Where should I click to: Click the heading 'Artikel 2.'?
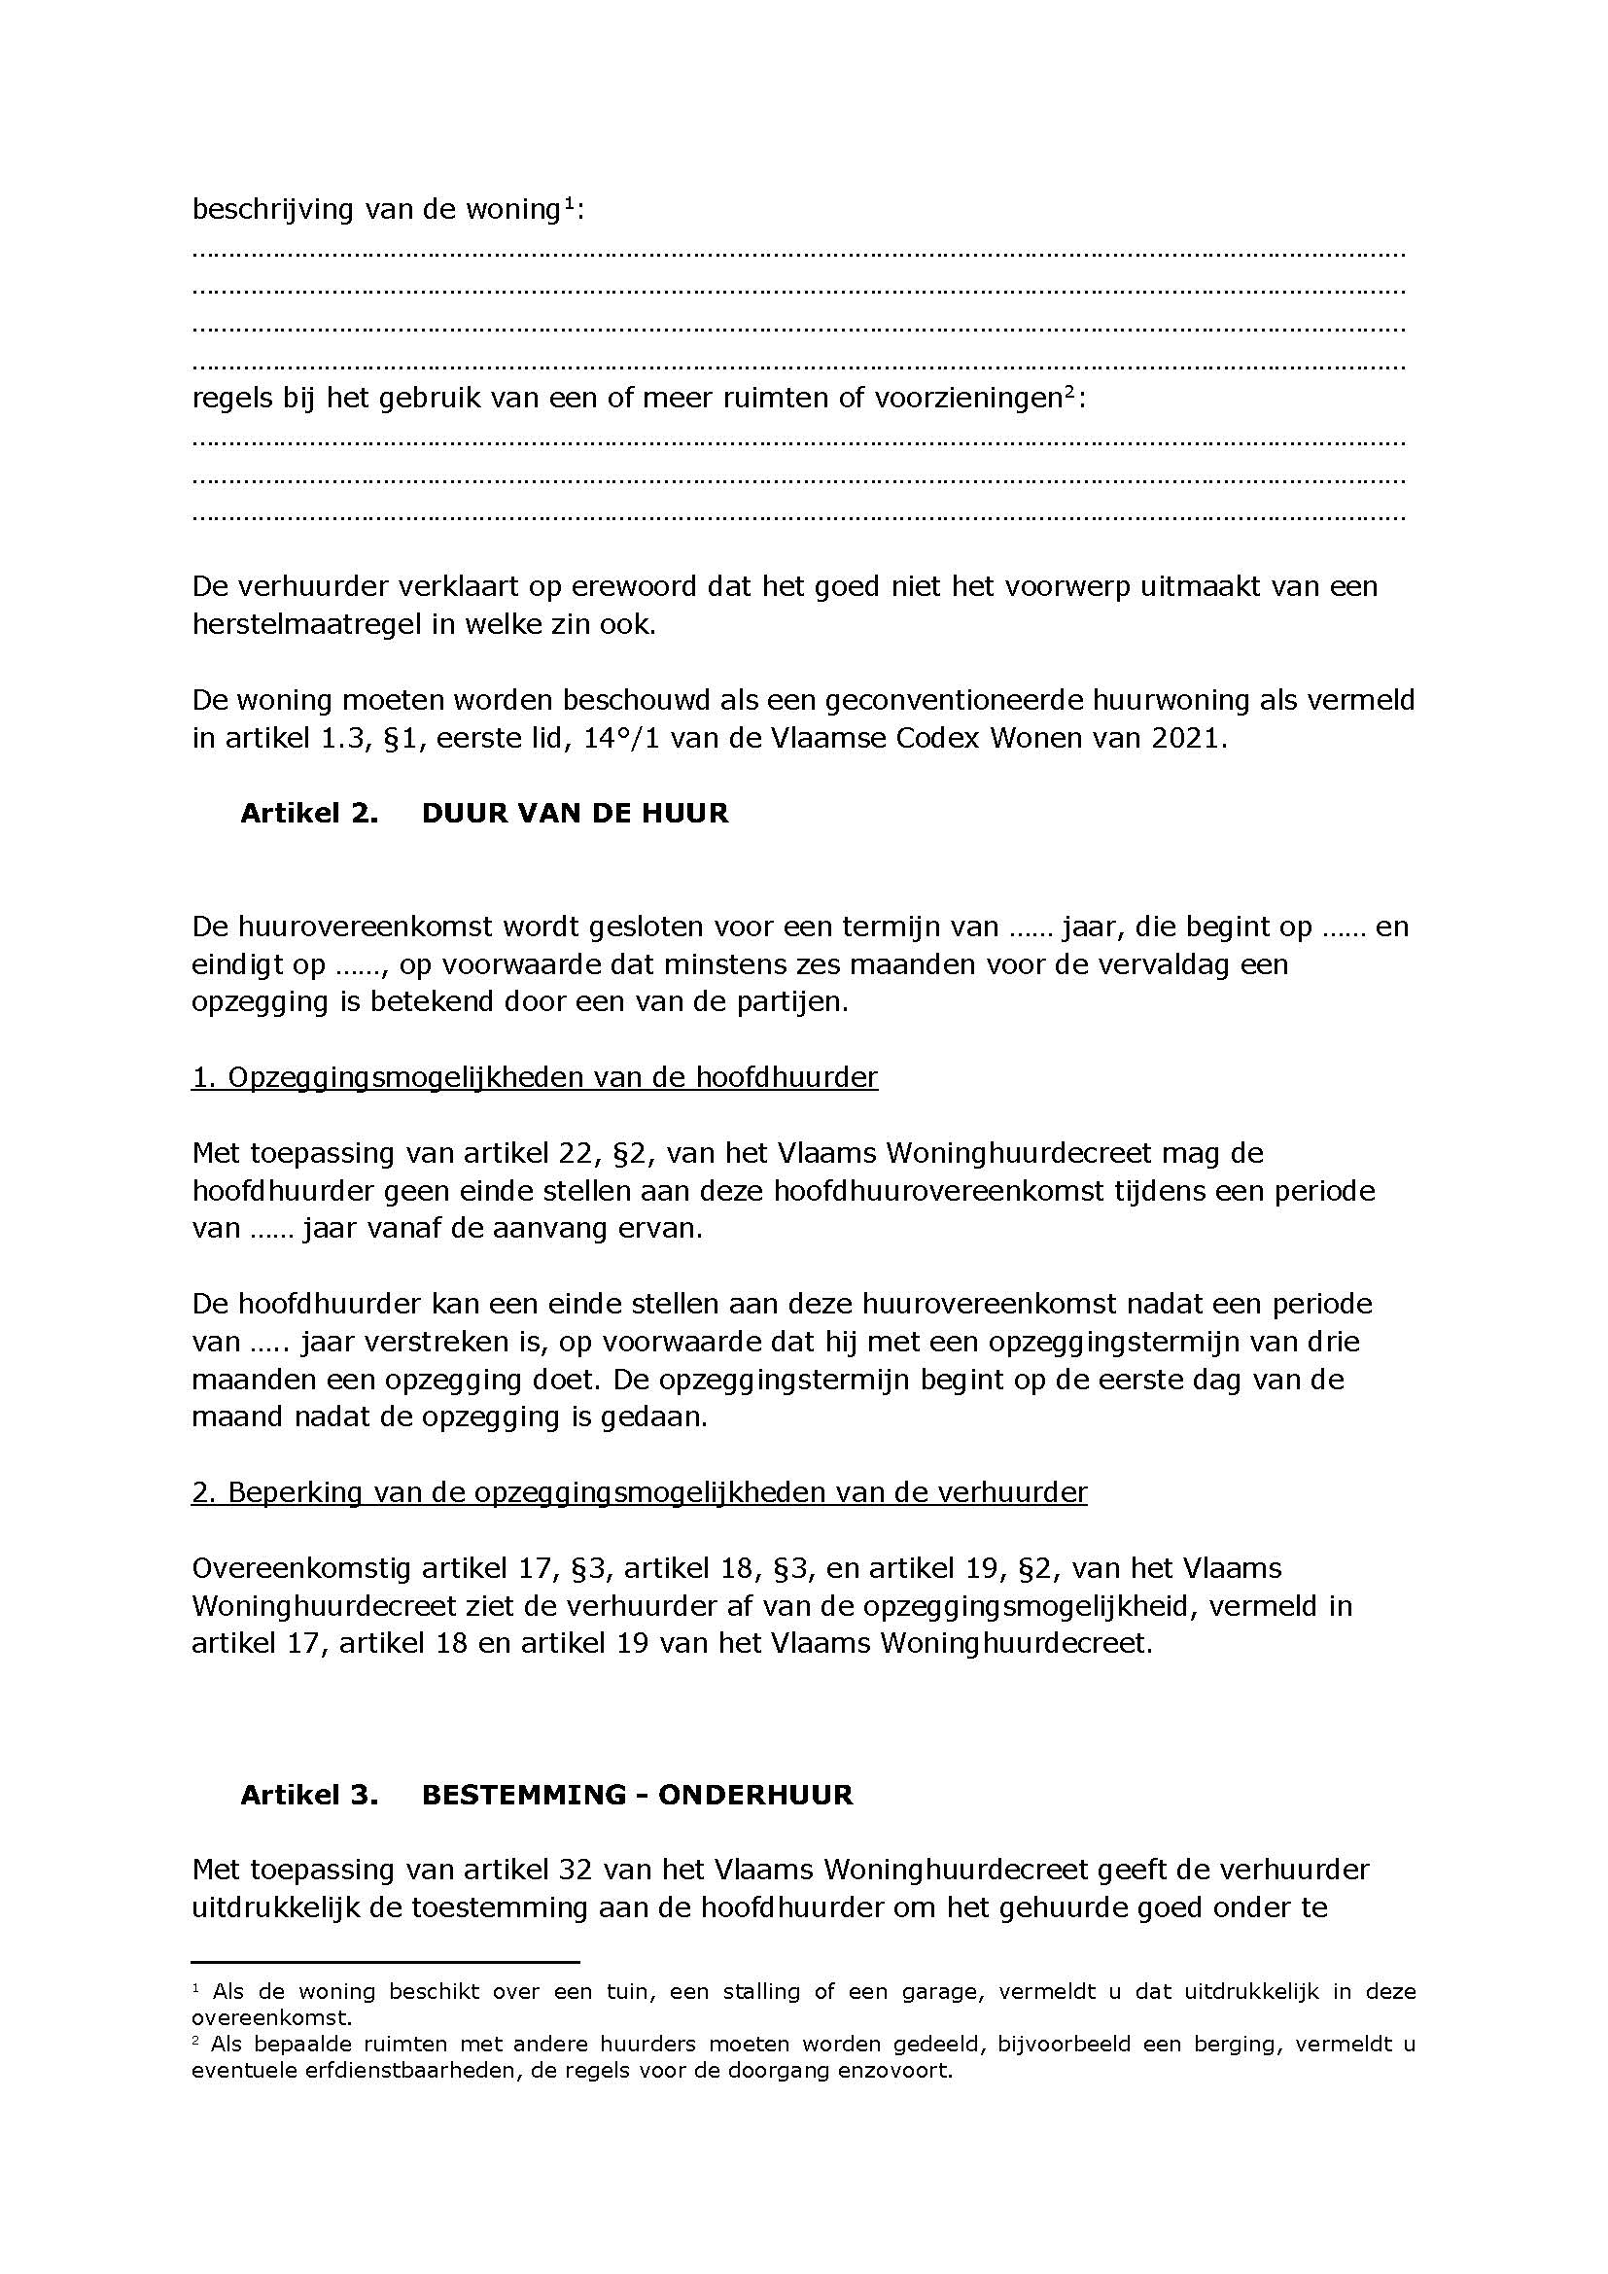click(309, 813)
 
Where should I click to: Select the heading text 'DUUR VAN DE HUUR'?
click(575, 813)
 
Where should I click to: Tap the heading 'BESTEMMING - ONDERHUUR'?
click(637, 1796)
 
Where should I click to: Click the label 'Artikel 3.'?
click(309, 1796)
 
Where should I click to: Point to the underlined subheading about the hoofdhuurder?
click(535, 1077)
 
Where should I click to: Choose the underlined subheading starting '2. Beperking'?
click(639, 1492)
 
